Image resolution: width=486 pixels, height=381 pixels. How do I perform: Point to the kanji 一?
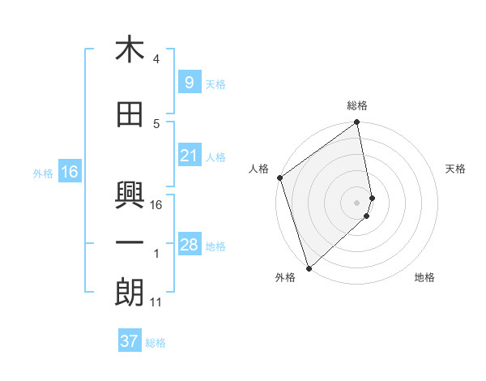130,242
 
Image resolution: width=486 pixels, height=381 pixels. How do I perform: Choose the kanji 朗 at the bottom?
130,293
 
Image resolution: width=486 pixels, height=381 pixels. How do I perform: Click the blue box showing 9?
189,83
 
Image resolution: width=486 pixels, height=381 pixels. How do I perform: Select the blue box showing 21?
189,156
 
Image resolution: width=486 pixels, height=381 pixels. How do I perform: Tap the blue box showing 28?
189,245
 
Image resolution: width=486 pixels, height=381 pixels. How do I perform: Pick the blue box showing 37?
130,341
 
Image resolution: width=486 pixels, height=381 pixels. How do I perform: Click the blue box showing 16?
69,172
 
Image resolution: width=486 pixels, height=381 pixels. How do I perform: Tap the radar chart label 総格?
357,105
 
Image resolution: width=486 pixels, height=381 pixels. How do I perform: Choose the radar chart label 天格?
456,169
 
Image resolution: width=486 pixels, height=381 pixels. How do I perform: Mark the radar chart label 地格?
424,277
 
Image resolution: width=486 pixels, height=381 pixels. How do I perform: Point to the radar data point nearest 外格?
309,268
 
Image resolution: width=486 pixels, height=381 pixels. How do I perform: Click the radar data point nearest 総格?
357,123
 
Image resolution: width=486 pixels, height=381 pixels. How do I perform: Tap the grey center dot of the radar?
357,202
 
